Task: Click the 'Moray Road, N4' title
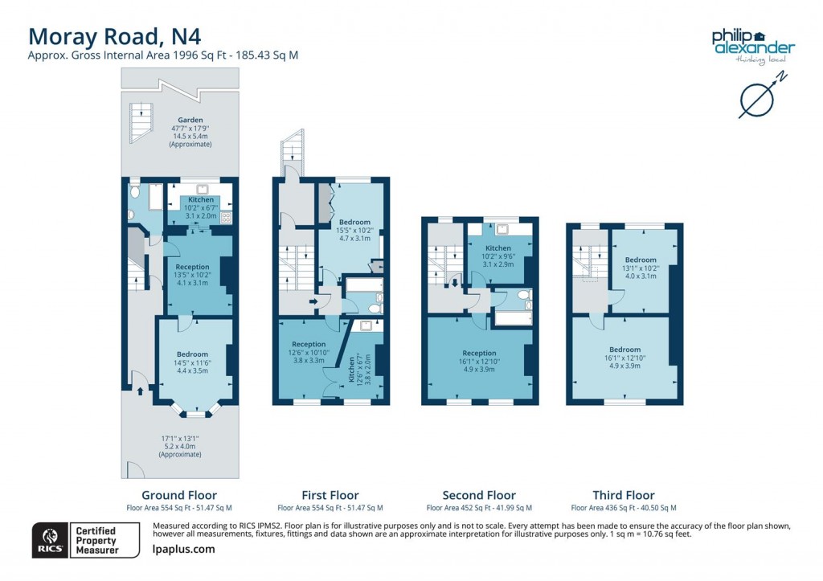coord(114,36)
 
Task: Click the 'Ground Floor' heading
coord(178,495)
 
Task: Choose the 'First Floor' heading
coord(330,495)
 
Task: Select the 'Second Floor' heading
coord(479,495)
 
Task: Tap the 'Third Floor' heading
coord(624,495)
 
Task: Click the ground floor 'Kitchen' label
coord(201,199)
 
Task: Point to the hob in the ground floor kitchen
coord(226,216)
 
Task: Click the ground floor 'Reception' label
coord(192,267)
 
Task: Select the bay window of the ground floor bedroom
coord(195,412)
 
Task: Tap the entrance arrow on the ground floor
coord(141,391)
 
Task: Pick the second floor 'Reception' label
coord(479,353)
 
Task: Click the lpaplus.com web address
coord(183,549)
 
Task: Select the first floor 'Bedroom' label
coord(354,222)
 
